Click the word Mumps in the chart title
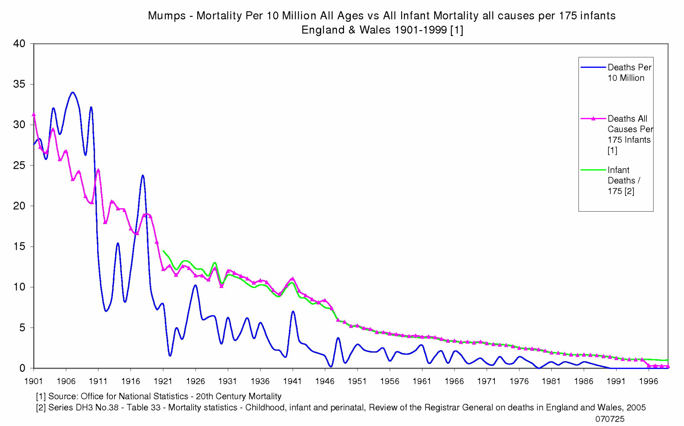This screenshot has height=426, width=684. (166, 16)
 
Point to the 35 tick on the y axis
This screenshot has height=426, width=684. (19, 84)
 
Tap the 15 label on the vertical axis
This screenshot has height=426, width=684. (19, 246)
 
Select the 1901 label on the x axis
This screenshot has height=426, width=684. (33, 381)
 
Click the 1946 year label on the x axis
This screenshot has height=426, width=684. (325, 381)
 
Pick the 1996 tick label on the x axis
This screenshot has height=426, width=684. (648, 381)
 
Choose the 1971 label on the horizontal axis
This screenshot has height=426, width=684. (486, 381)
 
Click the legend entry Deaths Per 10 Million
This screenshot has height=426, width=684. (629, 72)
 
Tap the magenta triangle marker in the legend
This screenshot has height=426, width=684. (593, 118)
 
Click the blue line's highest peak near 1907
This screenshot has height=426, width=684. (73, 92)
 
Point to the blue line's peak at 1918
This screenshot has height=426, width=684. (142, 176)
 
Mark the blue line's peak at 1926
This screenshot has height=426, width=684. (195, 285)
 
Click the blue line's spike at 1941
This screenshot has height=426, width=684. (293, 311)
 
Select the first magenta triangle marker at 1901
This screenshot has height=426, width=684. (34, 115)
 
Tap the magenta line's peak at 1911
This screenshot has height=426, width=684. (98, 170)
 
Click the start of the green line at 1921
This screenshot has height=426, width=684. (163, 251)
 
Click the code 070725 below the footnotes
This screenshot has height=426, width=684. (610, 419)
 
